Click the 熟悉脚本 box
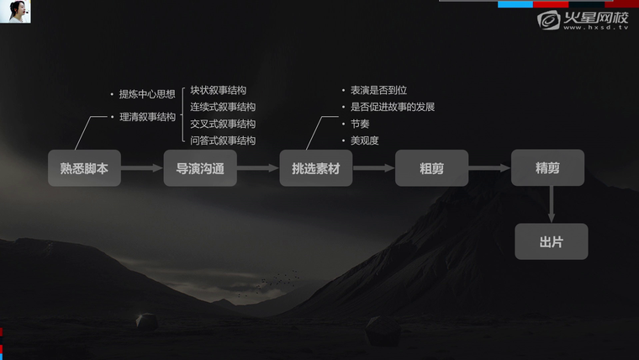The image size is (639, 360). click(x=84, y=168)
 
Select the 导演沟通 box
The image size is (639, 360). click(x=200, y=168)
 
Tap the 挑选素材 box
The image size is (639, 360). click(x=316, y=168)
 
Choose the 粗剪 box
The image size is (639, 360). click(x=431, y=168)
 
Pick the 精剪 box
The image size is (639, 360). click(x=547, y=167)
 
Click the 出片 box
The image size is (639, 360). click(x=552, y=241)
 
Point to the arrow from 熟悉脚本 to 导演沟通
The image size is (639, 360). click(x=142, y=168)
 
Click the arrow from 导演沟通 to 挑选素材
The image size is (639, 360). click(x=258, y=168)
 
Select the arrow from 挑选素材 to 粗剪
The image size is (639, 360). click(x=373, y=168)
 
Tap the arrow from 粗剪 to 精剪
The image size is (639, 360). click(x=489, y=168)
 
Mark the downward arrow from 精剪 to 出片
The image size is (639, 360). click(x=552, y=204)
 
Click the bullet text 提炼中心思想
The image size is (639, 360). click(x=147, y=94)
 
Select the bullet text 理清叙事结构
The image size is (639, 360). click(x=147, y=117)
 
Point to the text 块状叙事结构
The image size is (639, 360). click(x=219, y=90)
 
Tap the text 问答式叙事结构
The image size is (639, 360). click(x=223, y=140)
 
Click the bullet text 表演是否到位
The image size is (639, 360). click(x=379, y=90)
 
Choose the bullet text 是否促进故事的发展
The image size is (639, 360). click(x=393, y=107)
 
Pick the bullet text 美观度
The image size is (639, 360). click(x=365, y=140)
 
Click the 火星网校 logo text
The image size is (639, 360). click(x=596, y=18)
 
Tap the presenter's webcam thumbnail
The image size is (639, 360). click(x=15, y=12)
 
